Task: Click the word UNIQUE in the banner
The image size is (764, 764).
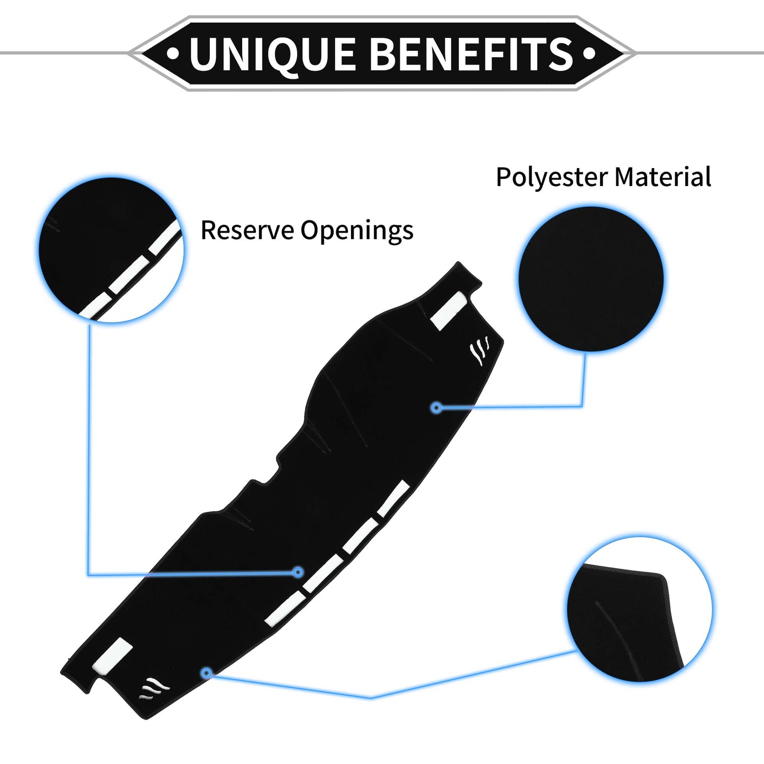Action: tap(272, 53)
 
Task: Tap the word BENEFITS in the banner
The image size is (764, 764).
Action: tap(473, 53)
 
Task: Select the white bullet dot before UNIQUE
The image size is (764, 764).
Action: tap(172, 53)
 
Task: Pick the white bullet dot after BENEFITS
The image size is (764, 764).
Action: tap(590, 53)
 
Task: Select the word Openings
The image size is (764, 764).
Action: tap(357, 231)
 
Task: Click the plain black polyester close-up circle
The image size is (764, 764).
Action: tap(591, 279)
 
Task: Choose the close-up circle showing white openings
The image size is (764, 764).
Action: tap(112, 250)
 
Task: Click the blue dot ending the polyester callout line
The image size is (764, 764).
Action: tap(437, 407)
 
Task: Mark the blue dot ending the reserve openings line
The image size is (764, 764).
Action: tap(298, 572)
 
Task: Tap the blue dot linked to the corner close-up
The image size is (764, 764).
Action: tap(206, 673)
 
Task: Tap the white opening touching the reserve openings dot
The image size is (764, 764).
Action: tap(323, 573)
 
